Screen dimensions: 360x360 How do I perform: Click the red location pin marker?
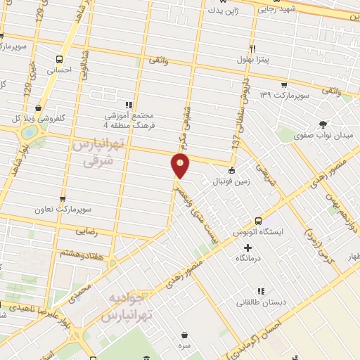click(x=181, y=167)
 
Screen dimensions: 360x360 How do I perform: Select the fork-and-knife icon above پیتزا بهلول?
click(x=252, y=49)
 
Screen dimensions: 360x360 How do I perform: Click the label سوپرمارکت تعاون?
click(x=65, y=210)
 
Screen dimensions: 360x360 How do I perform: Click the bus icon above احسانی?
click(x=59, y=59)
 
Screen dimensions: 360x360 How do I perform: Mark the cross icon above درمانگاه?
click(x=247, y=247)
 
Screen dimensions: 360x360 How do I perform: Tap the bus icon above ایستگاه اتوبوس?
click(x=258, y=220)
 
